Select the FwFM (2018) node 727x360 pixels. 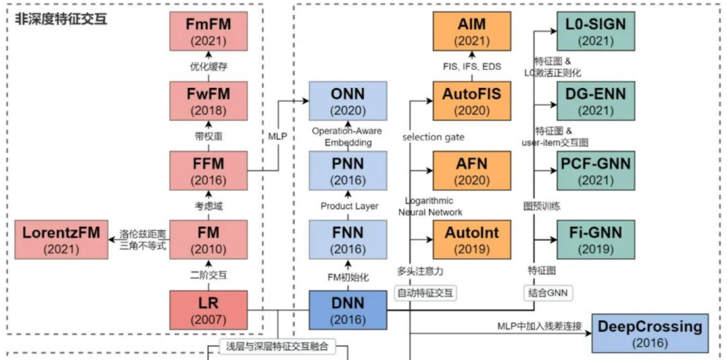[x=208, y=102]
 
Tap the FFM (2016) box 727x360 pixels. [x=208, y=170]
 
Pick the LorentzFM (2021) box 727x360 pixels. [x=61, y=240]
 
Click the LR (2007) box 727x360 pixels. [x=208, y=309]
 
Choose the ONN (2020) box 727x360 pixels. [x=348, y=102]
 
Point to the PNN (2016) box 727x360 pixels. [x=348, y=170]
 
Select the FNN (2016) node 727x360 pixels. [x=348, y=240]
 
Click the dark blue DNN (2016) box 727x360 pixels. [x=348, y=309]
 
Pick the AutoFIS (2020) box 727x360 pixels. [x=472, y=102]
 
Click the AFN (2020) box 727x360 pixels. [x=472, y=170]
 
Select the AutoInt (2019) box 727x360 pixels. [x=472, y=240]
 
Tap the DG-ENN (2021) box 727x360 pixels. [x=596, y=102]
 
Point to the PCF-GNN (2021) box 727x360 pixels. [x=596, y=170]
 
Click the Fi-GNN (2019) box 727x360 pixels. [x=596, y=240]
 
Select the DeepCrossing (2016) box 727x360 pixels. [x=650, y=333]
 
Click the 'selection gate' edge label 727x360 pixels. [x=434, y=137]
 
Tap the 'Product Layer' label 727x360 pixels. [x=349, y=206]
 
